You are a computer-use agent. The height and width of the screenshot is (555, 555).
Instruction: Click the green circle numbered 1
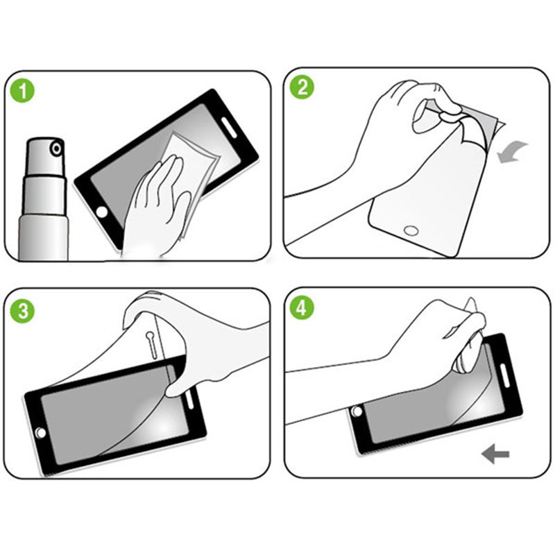click(x=23, y=90)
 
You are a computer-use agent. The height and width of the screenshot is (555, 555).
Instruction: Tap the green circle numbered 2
click(x=302, y=87)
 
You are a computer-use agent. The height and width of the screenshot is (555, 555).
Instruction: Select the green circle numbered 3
click(x=23, y=311)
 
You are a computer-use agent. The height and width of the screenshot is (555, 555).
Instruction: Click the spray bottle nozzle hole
click(x=56, y=148)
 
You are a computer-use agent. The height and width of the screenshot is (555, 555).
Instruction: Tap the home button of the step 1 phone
click(x=102, y=212)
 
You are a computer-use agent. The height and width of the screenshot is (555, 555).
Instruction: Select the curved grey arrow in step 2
click(x=511, y=151)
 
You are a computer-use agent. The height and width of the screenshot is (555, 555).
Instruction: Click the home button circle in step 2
click(x=411, y=231)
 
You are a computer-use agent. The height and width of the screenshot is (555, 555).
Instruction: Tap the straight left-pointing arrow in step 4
click(x=495, y=454)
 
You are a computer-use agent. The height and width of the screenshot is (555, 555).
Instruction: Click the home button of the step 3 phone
click(x=41, y=432)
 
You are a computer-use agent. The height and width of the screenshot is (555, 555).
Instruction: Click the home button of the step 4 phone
click(x=357, y=411)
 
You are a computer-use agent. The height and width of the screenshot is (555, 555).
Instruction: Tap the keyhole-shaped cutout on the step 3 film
click(x=151, y=344)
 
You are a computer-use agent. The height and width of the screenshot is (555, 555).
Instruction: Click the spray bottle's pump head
click(x=46, y=155)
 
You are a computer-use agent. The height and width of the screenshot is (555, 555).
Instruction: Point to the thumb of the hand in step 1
click(x=180, y=212)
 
